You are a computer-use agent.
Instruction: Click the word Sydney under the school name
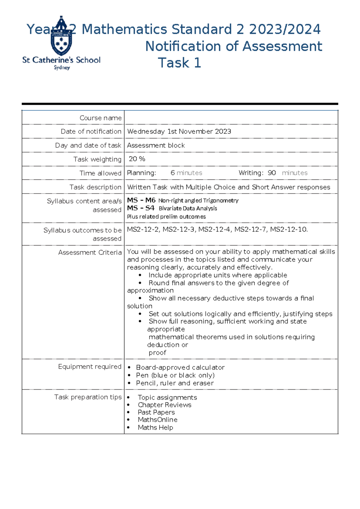click(x=62, y=68)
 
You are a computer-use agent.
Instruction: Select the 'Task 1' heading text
click(x=179, y=63)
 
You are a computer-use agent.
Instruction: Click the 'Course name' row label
click(x=100, y=118)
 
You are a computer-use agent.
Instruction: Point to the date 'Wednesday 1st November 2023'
click(x=179, y=131)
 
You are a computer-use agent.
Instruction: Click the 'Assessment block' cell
click(x=156, y=145)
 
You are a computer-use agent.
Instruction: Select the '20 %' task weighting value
click(x=137, y=159)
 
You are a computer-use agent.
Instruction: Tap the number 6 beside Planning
click(x=172, y=173)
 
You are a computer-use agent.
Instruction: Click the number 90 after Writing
click(x=271, y=173)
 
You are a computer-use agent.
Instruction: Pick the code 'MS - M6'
click(x=141, y=200)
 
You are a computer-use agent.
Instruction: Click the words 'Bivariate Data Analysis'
click(x=188, y=208)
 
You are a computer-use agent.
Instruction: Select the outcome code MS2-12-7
click(x=250, y=230)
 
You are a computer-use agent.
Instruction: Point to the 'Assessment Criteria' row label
click(x=90, y=252)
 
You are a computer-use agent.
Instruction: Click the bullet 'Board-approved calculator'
click(x=180, y=367)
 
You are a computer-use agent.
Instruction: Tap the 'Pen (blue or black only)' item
click(x=175, y=375)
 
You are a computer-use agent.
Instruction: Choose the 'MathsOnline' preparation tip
click(x=157, y=420)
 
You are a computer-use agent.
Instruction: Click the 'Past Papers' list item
click(x=156, y=412)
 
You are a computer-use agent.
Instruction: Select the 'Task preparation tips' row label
click(x=88, y=397)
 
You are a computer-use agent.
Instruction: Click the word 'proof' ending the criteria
click(x=157, y=353)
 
